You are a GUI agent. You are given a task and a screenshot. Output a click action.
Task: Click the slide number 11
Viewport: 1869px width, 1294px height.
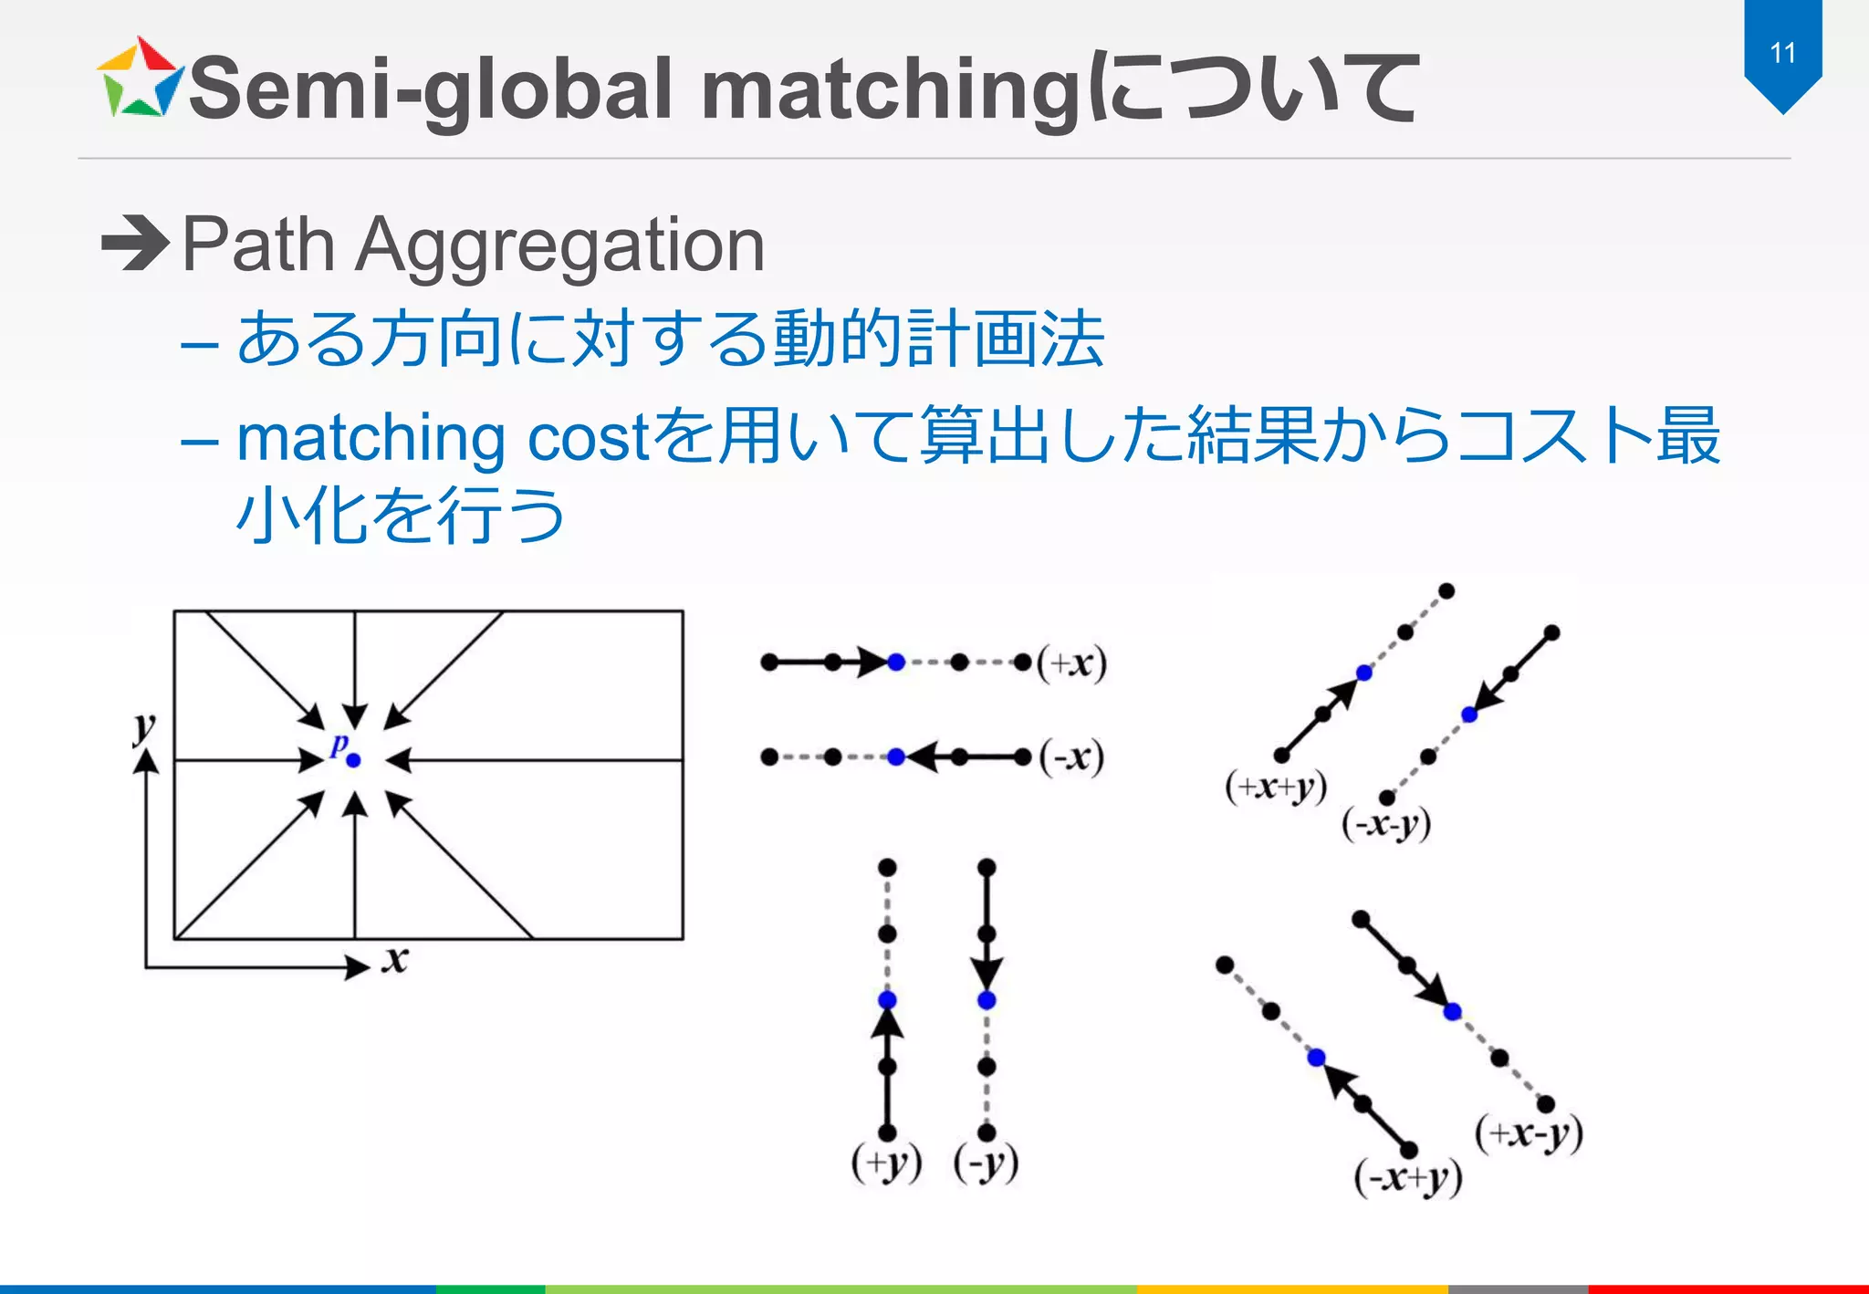(x=1782, y=53)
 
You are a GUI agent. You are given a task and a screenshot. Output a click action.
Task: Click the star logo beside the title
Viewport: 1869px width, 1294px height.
(x=140, y=79)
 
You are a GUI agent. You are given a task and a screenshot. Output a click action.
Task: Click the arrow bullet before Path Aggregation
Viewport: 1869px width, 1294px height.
(x=135, y=244)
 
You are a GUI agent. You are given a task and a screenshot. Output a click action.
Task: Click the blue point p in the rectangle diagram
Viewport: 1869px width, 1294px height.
(x=354, y=759)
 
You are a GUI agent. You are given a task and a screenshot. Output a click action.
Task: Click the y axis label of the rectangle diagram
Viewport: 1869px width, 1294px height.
(x=144, y=727)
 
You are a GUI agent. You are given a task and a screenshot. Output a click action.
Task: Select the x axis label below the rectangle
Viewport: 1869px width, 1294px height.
(x=395, y=960)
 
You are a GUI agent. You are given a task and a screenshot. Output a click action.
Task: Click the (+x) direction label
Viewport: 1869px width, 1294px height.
(x=1072, y=663)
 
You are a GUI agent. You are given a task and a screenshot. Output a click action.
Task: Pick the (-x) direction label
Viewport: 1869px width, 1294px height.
(x=1072, y=757)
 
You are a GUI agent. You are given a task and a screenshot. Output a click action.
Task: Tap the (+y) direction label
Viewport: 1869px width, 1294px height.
(x=886, y=1164)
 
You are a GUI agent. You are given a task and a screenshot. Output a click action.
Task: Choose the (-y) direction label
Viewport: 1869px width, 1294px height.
(x=986, y=1164)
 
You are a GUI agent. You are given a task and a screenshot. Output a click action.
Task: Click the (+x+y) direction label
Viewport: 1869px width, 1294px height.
(x=1276, y=787)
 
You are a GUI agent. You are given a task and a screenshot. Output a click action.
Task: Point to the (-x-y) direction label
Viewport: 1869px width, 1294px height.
(x=1386, y=825)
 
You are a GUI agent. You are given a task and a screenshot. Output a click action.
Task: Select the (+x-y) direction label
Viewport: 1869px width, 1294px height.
(x=1529, y=1134)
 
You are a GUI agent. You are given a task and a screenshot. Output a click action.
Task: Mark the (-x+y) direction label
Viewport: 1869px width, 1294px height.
(x=1408, y=1178)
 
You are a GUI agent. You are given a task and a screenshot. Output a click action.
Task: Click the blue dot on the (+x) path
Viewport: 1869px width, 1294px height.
(x=896, y=663)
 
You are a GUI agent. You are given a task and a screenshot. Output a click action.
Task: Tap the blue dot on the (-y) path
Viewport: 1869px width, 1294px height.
(x=987, y=1000)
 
